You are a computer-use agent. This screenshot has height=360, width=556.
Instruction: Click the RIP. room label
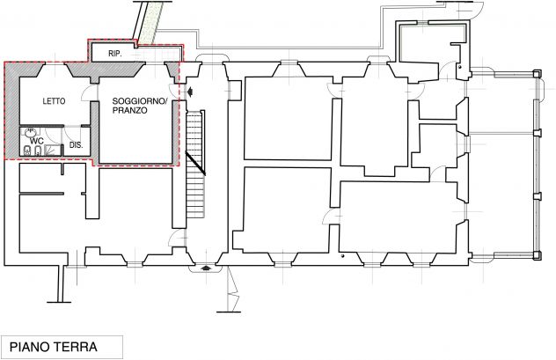coord(115,54)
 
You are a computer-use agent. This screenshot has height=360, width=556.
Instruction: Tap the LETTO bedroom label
coord(54,101)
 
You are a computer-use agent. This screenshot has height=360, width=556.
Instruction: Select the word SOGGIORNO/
coord(140,101)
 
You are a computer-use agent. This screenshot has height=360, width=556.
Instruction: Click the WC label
coord(37,141)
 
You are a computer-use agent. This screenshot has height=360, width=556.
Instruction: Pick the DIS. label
coord(77,145)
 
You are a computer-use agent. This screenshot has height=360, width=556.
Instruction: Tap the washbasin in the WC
coord(30,133)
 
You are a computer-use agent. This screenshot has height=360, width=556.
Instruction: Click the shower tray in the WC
coord(53,150)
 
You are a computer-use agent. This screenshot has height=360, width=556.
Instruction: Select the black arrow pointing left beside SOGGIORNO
coord(190,92)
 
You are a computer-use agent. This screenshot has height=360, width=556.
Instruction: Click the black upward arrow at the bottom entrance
coord(205,268)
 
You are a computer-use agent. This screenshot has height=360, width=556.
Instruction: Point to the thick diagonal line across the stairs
coord(195,163)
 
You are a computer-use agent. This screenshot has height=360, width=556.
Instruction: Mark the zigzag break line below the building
coord(232,289)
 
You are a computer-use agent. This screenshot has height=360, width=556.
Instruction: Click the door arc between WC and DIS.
coord(49,133)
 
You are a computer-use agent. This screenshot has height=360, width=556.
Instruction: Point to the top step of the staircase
coord(194,114)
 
